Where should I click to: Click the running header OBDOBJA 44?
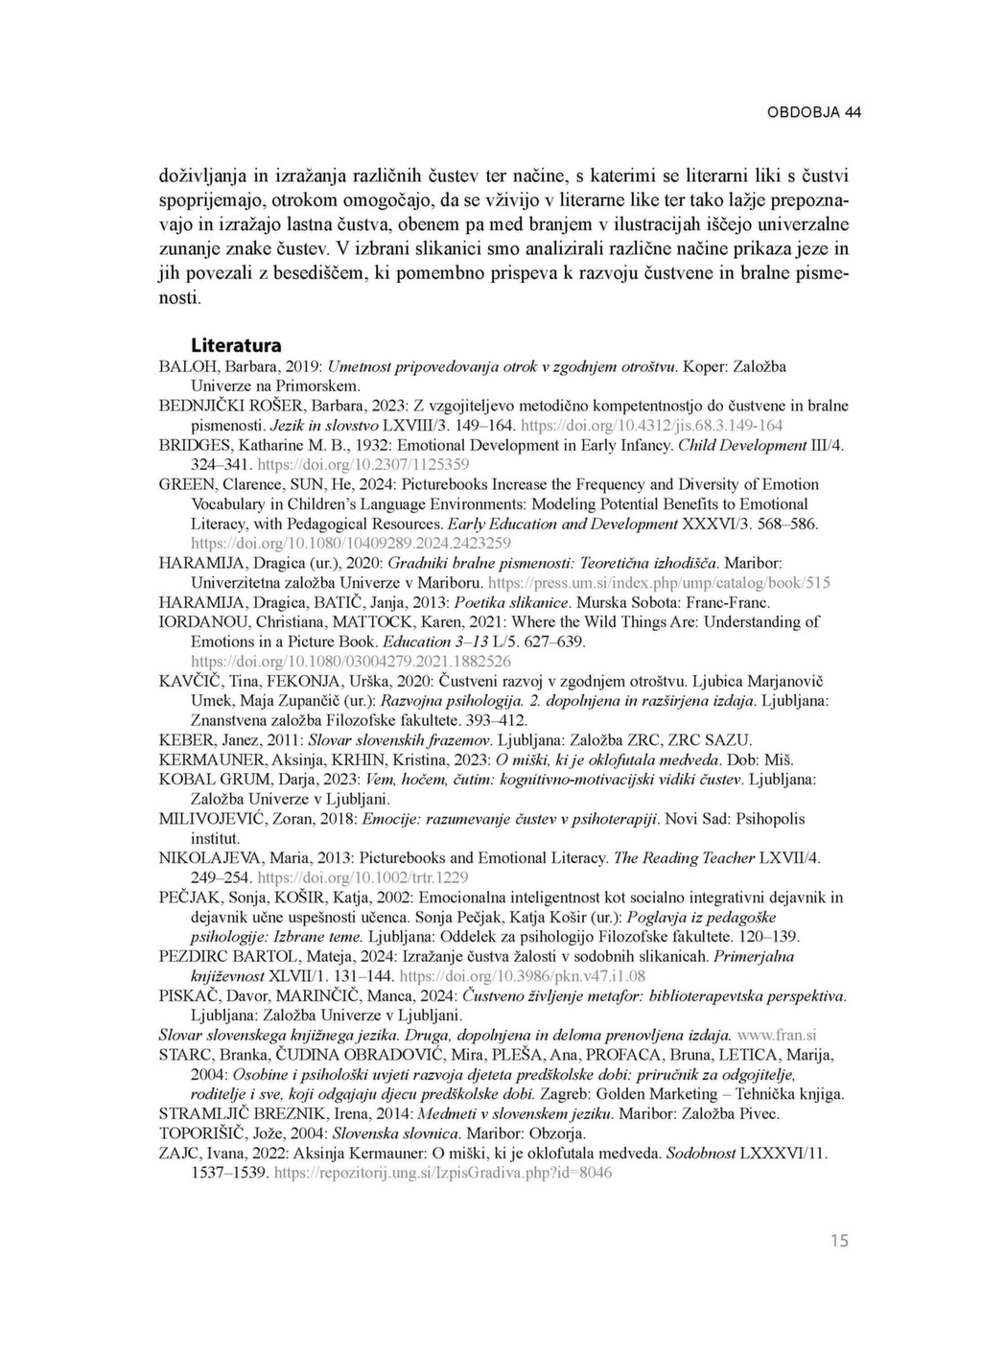pos(813,112)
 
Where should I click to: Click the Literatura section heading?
pos(236,345)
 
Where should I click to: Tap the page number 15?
pos(839,1241)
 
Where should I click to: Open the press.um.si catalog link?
pos(660,583)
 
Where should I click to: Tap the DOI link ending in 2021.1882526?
pos(351,662)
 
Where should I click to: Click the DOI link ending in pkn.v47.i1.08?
pos(522,976)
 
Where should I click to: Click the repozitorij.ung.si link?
pos(443,1173)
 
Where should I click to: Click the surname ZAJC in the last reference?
pos(178,1153)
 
